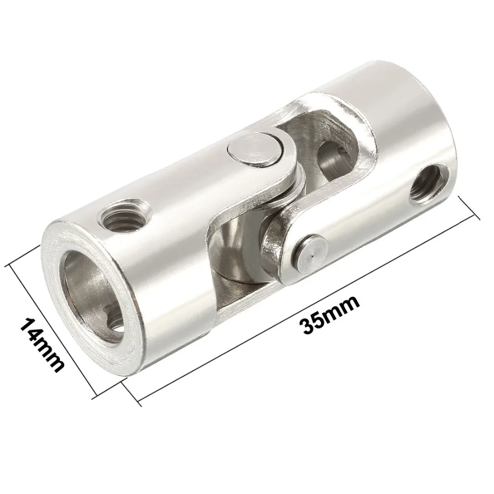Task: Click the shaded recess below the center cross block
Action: pos(232,282)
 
